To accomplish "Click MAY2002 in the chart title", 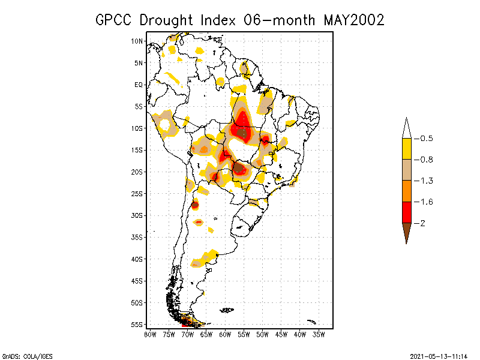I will click(353, 20).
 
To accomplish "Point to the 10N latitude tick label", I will click(137, 41).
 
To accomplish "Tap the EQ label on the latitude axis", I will click(139, 85).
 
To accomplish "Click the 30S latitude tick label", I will click(137, 215).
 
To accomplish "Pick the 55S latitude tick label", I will click(137, 325).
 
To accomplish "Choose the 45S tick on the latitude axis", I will click(137, 281).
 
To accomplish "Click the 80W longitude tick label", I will click(150, 334).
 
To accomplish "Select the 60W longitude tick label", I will click(225, 334).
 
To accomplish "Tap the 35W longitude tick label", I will click(319, 334).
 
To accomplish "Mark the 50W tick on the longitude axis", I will click(263, 334).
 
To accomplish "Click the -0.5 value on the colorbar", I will click(424, 139).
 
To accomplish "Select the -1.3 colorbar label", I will click(424, 181).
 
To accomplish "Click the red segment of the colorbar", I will click(406, 212).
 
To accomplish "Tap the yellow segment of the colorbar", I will click(406, 149).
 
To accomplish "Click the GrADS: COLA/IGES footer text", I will click(27, 356).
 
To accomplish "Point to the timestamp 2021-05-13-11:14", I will click(439, 356).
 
